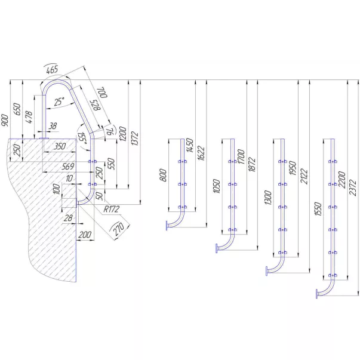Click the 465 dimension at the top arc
coord(52,70)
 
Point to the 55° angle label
coord(82,141)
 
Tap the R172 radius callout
coord(112,210)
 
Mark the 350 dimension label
coord(59,146)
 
